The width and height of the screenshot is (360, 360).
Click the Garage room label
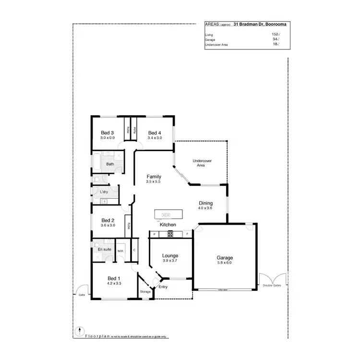[x=225, y=258]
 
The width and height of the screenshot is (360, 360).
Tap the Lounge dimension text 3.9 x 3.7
[x=170, y=261]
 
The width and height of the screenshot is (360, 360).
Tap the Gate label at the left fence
[x=82, y=295]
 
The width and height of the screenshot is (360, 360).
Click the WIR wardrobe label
[x=121, y=250]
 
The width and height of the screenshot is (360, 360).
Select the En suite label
[x=104, y=250]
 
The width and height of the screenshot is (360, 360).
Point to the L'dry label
[x=104, y=192]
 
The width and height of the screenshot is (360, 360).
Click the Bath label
[x=110, y=164]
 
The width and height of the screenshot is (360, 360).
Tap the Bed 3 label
[x=107, y=133]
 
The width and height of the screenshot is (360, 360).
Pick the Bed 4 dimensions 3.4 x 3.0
[x=155, y=138]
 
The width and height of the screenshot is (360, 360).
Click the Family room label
[x=154, y=177]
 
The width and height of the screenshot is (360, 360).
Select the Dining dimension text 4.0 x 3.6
[x=205, y=208]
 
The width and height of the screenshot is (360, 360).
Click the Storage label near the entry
[x=145, y=292]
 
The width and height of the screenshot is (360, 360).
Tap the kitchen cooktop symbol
[x=170, y=234]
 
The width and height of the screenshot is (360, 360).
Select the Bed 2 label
[x=107, y=220]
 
